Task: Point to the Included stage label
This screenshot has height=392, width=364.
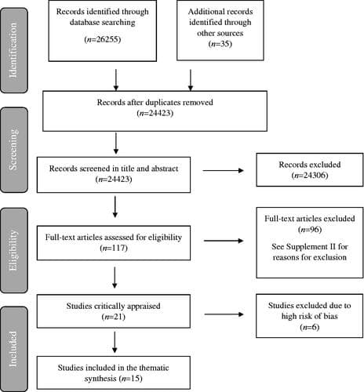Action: tap(13, 346)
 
